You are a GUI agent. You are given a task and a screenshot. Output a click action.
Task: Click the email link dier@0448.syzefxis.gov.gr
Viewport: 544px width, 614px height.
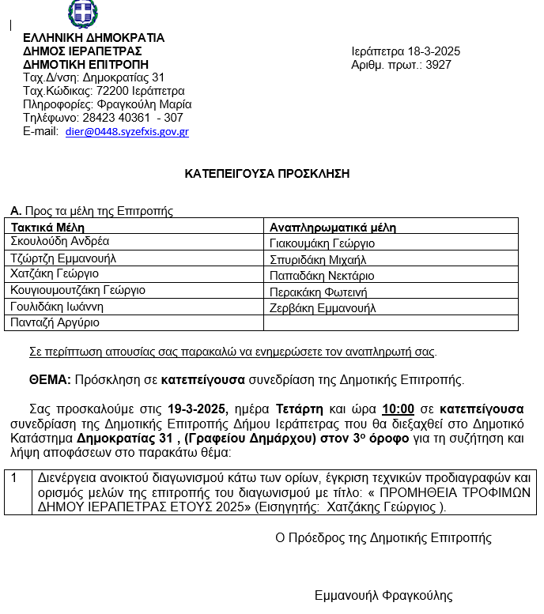point(127,132)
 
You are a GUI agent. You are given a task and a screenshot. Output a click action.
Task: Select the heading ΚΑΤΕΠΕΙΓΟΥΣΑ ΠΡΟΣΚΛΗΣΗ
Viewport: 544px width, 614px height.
point(267,173)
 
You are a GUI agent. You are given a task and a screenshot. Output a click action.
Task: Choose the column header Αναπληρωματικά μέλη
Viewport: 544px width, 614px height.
point(333,228)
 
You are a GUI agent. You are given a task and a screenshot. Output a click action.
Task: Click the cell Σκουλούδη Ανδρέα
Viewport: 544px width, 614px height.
point(60,242)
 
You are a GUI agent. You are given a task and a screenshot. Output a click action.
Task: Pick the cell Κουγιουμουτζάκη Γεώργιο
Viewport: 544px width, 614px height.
point(77,290)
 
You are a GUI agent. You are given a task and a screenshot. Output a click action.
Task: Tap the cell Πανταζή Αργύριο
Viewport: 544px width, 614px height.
point(55,322)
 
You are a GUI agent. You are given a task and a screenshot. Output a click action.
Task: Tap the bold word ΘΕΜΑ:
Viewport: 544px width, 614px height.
point(51,380)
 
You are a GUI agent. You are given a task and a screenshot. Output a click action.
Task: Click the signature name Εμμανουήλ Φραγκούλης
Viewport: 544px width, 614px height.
point(383,595)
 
